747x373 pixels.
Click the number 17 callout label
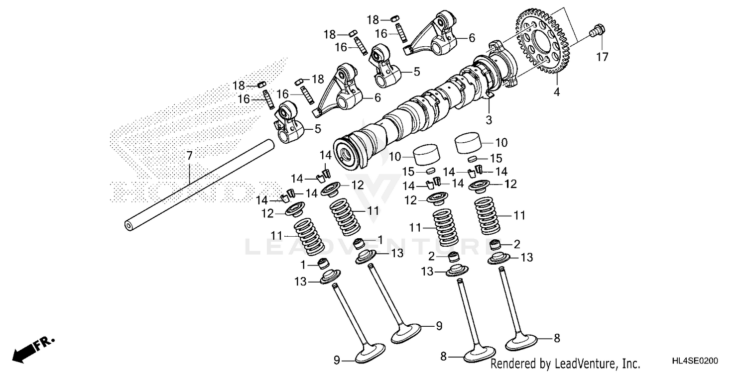[602, 57]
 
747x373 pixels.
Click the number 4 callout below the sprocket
[557, 92]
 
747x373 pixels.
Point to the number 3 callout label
[489, 120]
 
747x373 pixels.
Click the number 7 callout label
[189, 156]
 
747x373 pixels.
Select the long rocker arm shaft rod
[199, 184]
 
